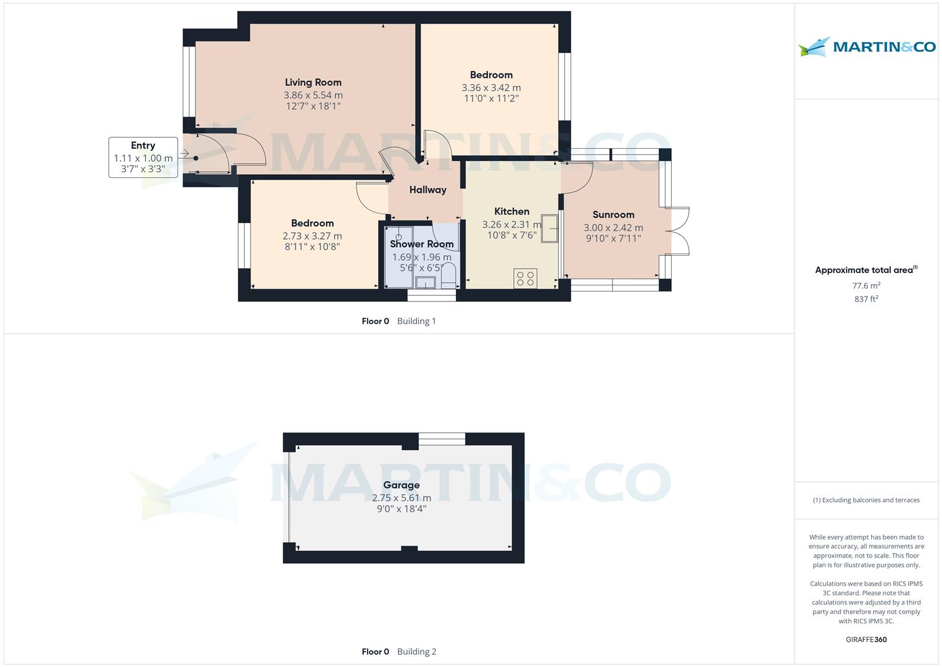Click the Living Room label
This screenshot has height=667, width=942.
(313, 82)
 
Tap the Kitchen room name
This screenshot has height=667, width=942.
(511, 211)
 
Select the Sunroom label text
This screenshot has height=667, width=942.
(613, 214)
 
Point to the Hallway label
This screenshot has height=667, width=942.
(428, 190)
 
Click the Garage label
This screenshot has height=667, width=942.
(401, 485)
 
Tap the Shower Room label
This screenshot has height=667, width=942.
(421, 244)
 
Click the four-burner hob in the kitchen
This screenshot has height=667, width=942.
(526, 279)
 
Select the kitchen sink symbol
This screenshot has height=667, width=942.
(549, 228)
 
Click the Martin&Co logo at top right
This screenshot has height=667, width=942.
(866, 47)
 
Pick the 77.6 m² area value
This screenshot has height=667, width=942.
(866, 286)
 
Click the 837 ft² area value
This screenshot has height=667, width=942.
(866, 299)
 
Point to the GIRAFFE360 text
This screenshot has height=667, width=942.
(866, 639)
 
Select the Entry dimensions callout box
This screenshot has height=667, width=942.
(143, 157)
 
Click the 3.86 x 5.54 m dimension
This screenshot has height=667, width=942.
(313, 95)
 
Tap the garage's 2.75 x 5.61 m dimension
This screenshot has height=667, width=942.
(401, 498)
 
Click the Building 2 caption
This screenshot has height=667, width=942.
(416, 652)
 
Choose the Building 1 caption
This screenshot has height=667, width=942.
(416, 321)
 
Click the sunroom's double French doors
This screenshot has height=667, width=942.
(679, 231)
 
